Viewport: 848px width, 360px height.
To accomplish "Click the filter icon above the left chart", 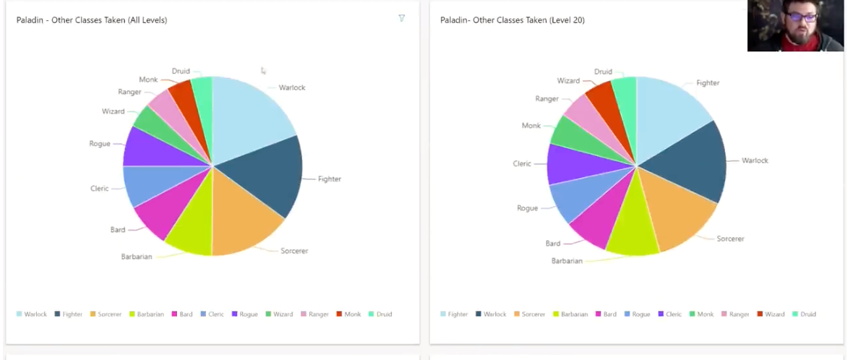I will pyautogui.click(x=402, y=18).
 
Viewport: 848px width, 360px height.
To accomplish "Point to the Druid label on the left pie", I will pyautogui.click(x=181, y=71).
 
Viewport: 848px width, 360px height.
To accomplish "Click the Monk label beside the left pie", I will pyautogui.click(x=148, y=80).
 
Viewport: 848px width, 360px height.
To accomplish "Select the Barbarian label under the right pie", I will pyautogui.click(x=567, y=261).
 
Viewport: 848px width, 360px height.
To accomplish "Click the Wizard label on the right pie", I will pyautogui.click(x=568, y=81).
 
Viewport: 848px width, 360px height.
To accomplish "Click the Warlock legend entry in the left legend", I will pyautogui.click(x=35, y=314).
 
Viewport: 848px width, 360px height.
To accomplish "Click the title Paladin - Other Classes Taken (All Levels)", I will pyautogui.click(x=92, y=20).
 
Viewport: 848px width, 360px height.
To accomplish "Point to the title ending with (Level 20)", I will pyautogui.click(x=513, y=20).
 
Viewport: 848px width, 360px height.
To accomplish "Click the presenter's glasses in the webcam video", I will pyautogui.click(x=799, y=17).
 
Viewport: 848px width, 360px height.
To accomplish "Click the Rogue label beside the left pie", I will pyautogui.click(x=100, y=144).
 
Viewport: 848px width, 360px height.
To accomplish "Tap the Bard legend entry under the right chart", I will pyautogui.click(x=611, y=314).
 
